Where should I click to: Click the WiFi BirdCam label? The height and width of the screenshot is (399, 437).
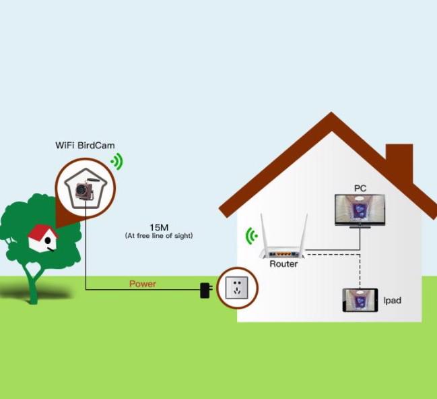[x=85, y=146]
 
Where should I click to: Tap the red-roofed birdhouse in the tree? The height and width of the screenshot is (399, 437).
[x=42, y=239]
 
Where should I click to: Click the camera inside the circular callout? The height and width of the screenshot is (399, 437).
[x=83, y=189]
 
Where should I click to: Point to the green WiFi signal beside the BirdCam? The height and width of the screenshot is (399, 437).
[x=117, y=161]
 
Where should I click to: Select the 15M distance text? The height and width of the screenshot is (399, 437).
[x=159, y=228]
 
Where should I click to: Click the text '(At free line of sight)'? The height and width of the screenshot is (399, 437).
[x=159, y=236]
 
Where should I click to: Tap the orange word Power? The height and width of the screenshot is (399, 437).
[x=143, y=284]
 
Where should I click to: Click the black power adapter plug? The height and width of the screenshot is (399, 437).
[x=206, y=290]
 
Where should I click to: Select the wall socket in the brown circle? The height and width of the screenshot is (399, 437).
[x=236, y=288]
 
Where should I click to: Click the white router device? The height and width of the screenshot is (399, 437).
[x=283, y=245]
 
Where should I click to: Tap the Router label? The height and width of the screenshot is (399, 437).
[x=283, y=264]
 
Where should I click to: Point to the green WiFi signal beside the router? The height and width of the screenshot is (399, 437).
[x=251, y=236]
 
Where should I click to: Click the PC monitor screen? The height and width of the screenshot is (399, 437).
[x=360, y=209]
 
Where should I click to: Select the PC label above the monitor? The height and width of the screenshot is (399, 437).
[x=360, y=188]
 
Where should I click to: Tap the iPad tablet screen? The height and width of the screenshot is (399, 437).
[x=360, y=300]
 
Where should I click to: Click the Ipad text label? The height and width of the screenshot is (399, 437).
[x=393, y=301]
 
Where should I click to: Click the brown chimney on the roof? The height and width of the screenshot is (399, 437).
[x=399, y=162]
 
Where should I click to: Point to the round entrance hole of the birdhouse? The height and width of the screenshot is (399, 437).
[x=48, y=240]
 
